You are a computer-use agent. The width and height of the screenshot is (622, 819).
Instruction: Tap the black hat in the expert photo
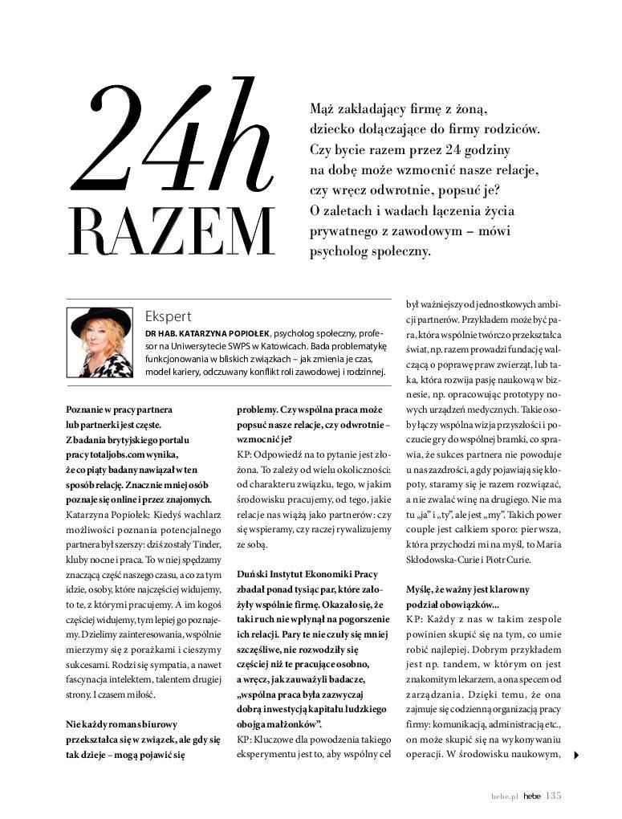tap(101, 320)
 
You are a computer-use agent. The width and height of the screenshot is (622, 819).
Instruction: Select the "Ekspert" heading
tap(169, 316)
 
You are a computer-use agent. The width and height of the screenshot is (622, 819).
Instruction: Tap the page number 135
tap(554, 796)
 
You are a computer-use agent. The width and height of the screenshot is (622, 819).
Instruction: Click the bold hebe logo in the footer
tap(532, 797)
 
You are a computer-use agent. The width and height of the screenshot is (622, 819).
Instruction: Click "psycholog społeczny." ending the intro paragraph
tap(370, 251)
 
